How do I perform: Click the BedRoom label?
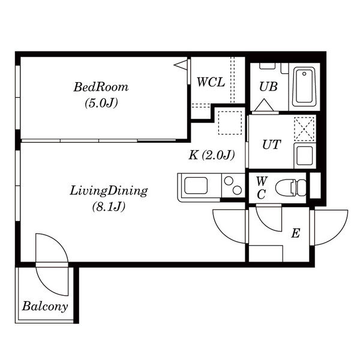101,87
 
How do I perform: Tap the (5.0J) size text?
101,103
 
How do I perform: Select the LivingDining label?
109,191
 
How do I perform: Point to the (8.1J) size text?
109,206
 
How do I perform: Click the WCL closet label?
211,82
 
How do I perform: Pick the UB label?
268,86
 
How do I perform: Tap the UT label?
271,145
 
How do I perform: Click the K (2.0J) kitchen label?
212,155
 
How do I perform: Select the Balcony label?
45,306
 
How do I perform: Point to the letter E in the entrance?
296,233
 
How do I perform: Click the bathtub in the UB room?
304,86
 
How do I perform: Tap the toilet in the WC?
291,188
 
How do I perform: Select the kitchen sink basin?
196,185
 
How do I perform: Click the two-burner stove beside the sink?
233,185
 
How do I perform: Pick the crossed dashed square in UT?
304,129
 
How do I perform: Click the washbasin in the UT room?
305,155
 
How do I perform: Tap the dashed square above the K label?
230,123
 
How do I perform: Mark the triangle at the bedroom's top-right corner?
181,65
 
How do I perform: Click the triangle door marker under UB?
264,105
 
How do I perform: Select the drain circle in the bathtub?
304,74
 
